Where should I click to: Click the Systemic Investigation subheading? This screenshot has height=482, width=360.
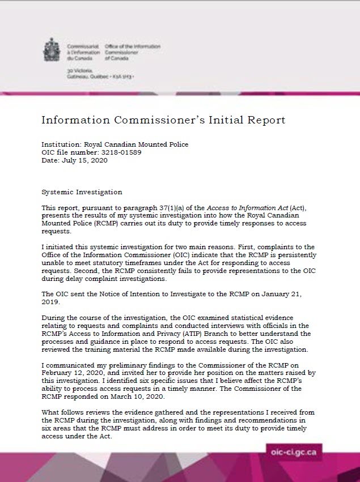(x=82, y=192)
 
